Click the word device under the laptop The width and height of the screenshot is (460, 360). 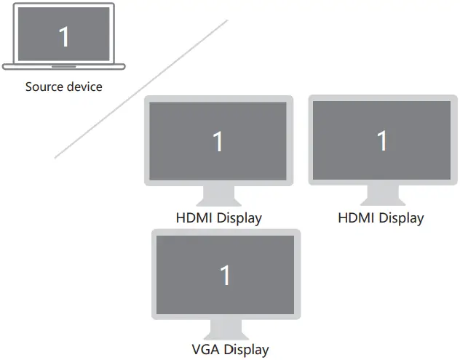85,87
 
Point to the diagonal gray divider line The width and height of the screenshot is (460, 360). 141,89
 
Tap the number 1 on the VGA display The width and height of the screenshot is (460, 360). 226,275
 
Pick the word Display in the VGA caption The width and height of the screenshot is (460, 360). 245,350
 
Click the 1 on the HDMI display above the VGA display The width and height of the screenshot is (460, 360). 218,141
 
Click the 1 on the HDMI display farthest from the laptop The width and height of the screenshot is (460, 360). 382,140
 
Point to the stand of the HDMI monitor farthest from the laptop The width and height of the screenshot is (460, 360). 382,195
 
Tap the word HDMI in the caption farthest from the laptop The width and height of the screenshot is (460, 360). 356,217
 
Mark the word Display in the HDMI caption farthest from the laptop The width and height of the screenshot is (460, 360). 400,217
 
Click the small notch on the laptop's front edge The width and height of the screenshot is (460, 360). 64,65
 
